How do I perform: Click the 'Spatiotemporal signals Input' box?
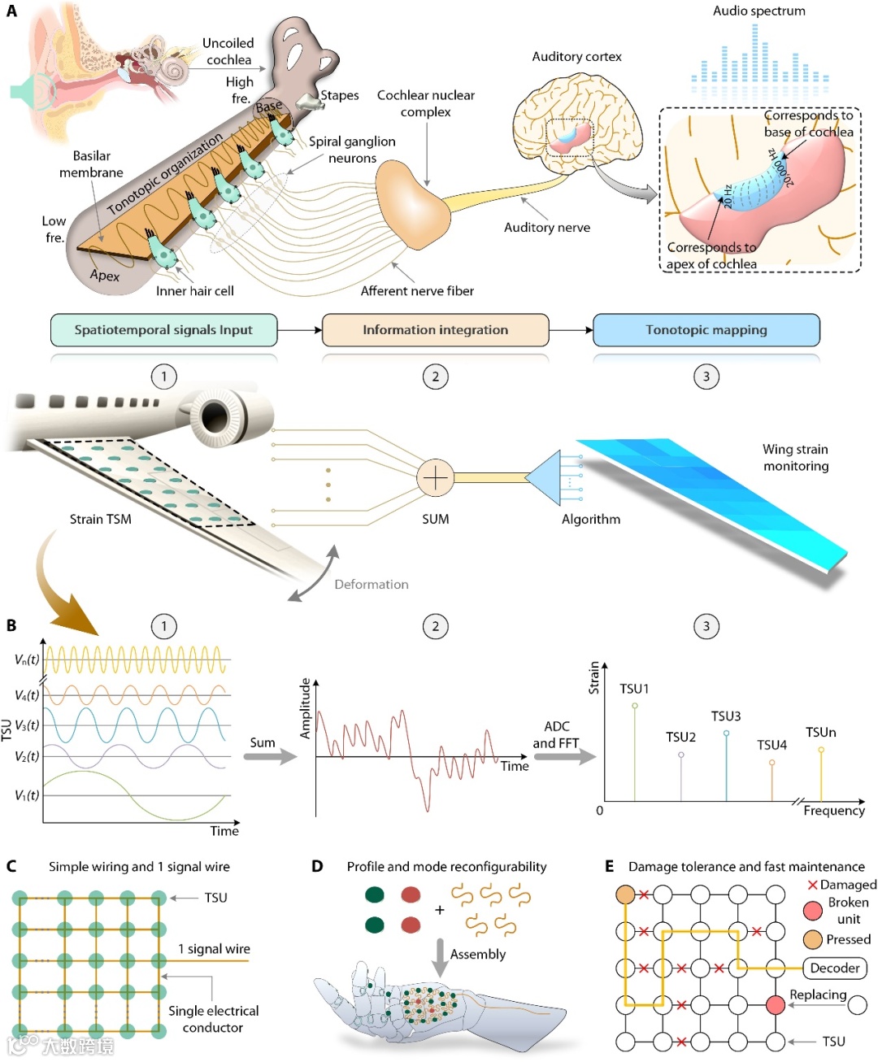coord(163,330)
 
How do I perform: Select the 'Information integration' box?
coord(435,330)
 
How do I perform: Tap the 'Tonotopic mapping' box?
coord(706,330)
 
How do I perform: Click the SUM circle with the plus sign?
coord(435,477)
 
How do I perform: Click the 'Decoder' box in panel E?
coord(835,968)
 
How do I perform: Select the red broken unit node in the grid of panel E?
coord(776,1005)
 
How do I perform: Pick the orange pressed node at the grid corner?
coord(625,894)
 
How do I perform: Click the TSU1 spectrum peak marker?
coord(635,706)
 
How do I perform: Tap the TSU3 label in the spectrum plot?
coord(726,716)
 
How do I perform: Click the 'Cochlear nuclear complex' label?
coord(425,103)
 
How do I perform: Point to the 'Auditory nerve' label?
coord(547,228)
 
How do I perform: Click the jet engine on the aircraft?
coord(215,416)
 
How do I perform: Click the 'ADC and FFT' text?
coord(556,734)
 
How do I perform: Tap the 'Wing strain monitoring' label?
coord(795,458)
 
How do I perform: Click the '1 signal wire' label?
coord(215,949)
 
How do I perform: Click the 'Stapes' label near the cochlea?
coord(339,96)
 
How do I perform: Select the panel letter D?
coord(317,867)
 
